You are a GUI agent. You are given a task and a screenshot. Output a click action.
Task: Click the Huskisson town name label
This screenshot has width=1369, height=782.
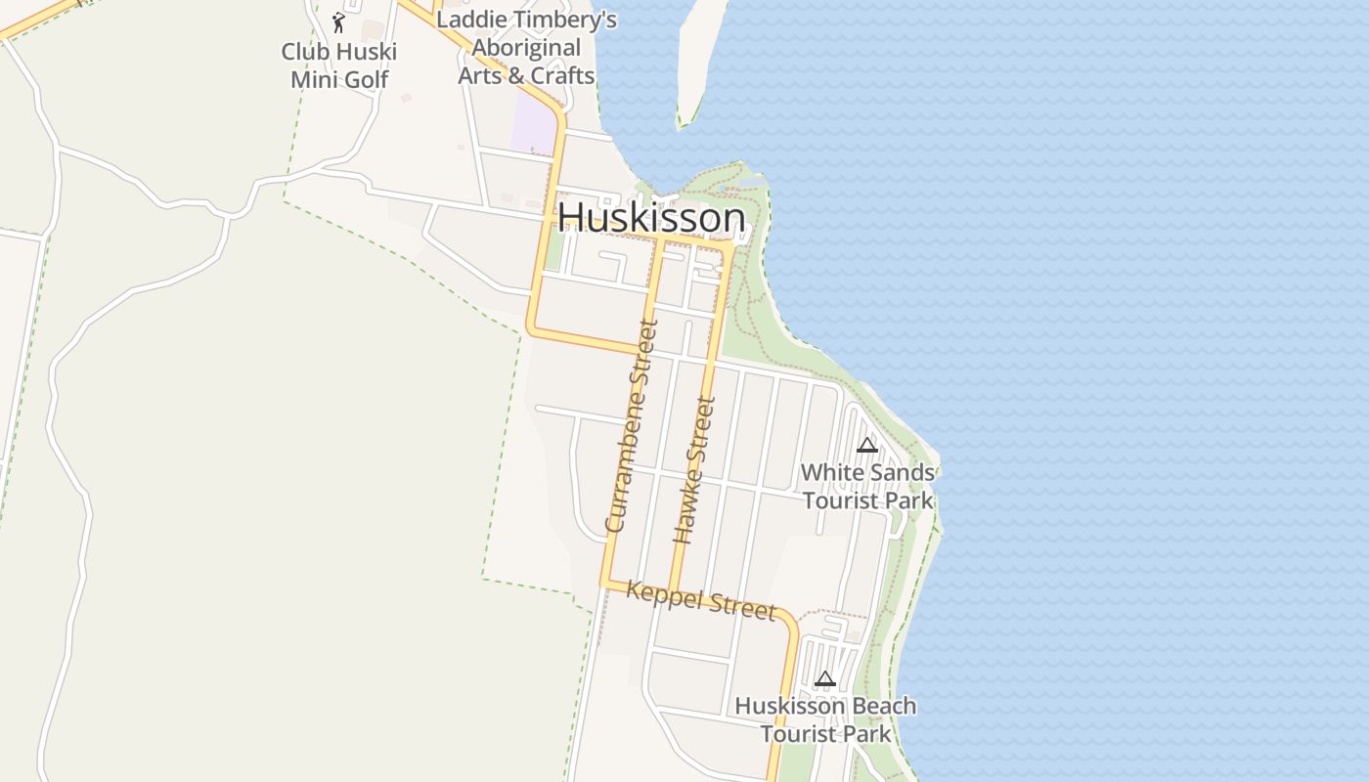tap(651, 217)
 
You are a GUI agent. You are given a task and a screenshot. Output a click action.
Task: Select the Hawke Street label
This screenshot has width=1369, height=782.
tap(695, 469)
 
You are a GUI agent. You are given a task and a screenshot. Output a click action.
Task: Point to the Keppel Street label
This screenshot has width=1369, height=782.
tap(700, 599)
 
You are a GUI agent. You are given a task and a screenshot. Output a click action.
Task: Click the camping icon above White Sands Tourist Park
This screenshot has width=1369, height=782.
tap(866, 446)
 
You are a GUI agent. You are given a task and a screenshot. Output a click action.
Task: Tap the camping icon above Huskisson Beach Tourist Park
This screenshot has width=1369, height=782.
tap(825, 678)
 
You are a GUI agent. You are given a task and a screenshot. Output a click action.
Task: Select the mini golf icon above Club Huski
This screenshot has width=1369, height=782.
tap(338, 22)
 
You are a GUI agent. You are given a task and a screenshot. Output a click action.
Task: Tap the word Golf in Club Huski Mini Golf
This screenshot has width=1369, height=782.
tap(367, 79)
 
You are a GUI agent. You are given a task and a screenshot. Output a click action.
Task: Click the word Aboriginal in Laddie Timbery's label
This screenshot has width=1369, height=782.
tap(527, 48)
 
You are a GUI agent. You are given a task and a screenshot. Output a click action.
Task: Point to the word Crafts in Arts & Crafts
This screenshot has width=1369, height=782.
tap(561, 75)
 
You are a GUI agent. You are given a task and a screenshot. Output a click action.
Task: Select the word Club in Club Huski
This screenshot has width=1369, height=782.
tap(303, 52)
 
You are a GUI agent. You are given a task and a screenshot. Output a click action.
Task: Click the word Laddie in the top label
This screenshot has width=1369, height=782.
tap(469, 20)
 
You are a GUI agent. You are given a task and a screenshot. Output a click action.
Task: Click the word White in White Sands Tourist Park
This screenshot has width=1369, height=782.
tap(831, 473)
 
